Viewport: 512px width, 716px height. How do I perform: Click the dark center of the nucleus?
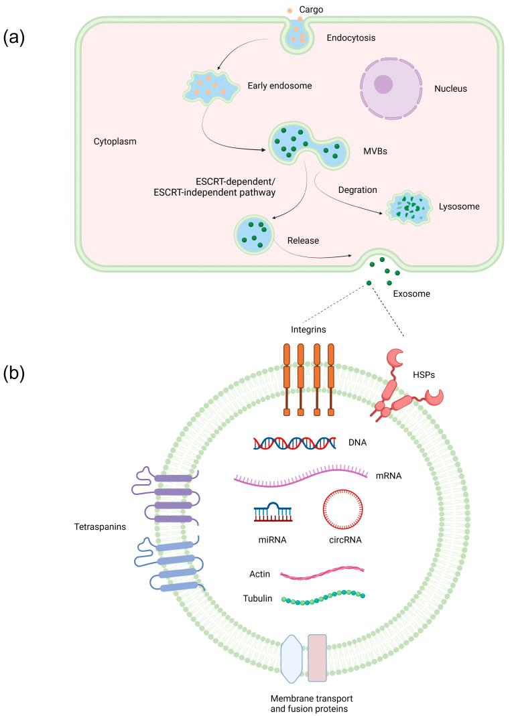(x=384, y=84)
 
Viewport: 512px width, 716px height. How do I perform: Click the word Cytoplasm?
(x=116, y=142)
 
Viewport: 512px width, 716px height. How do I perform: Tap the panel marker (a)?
(x=15, y=37)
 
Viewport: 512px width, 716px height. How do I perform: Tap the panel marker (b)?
(x=15, y=373)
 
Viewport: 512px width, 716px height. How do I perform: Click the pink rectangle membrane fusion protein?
(x=317, y=657)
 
